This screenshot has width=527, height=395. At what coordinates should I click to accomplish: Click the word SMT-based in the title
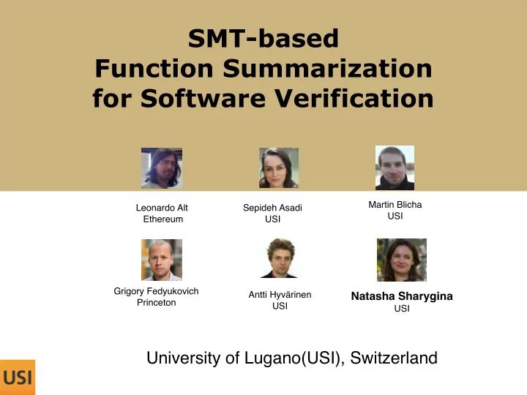click(263, 38)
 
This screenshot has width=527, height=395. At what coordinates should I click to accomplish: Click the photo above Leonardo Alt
click(162, 168)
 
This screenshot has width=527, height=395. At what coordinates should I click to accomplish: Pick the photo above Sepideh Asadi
click(279, 168)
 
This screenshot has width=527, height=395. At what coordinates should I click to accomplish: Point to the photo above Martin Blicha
click(395, 168)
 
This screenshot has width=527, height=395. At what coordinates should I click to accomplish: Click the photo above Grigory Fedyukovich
click(162, 260)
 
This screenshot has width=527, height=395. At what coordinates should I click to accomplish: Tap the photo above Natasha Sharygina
click(401, 260)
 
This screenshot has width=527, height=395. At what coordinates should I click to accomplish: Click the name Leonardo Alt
click(162, 208)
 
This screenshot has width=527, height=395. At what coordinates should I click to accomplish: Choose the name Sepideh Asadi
click(272, 208)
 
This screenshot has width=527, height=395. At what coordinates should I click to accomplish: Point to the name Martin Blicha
click(395, 205)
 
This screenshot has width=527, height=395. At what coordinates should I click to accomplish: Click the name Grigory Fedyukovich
click(156, 291)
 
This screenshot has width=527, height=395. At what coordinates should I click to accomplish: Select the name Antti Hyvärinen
click(280, 295)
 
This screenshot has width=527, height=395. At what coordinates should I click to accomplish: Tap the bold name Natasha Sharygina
click(402, 296)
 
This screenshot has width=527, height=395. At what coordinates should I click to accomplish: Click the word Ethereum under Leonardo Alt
click(163, 219)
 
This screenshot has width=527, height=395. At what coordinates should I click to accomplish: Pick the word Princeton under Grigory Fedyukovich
click(157, 303)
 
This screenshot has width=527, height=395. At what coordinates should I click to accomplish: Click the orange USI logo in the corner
click(17, 377)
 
